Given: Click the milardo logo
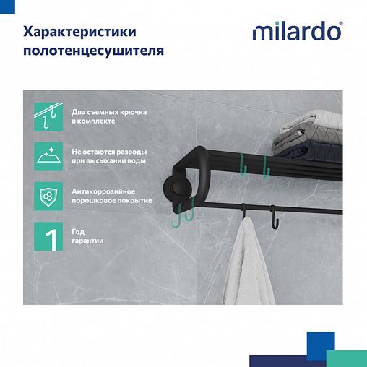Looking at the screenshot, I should (x=296, y=32).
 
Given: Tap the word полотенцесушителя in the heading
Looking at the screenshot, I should (x=93, y=51).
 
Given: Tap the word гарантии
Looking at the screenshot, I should (x=88, y=241).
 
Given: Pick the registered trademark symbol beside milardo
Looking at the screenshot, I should (x=340, y=24).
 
